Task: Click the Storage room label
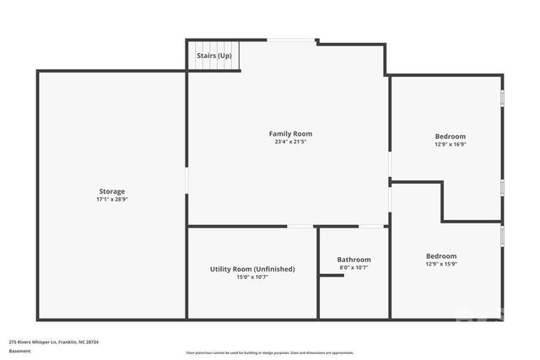(111, 191)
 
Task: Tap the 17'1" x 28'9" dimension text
(111, 200)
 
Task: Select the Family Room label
(290, 133)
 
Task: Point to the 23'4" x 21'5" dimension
(290, 142)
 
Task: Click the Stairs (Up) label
(213, 56)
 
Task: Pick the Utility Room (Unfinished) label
(252, 269)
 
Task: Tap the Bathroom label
(354, 260)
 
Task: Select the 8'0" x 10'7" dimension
(354, 267)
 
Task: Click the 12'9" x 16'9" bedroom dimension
(450, 144)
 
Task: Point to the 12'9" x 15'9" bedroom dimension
(440, 264)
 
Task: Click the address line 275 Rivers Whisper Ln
(54, 341)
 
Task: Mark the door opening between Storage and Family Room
(186, 179)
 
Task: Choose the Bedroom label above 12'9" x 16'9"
(450, 137)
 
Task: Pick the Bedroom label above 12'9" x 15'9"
(440, 256)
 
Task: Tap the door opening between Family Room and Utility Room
(299, 226)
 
